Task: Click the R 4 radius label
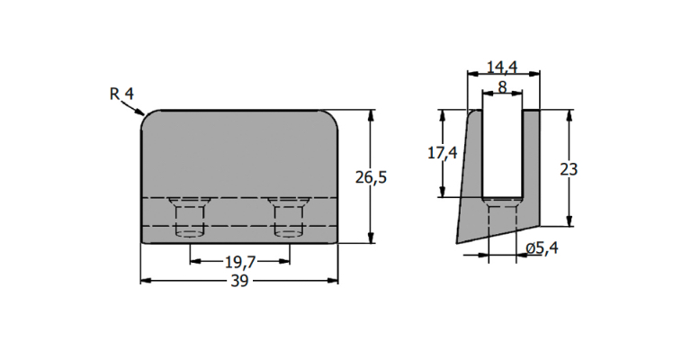coord(121,94)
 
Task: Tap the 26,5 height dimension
coord(371,177)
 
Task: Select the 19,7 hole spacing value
coord(240,262)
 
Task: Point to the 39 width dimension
coord(239,281)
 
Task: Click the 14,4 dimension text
coord(502,67)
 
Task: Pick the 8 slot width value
coord(502,87)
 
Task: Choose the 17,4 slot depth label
coord(443,153)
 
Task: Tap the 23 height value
coord(569,169)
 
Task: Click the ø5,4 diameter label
coord(542,248)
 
